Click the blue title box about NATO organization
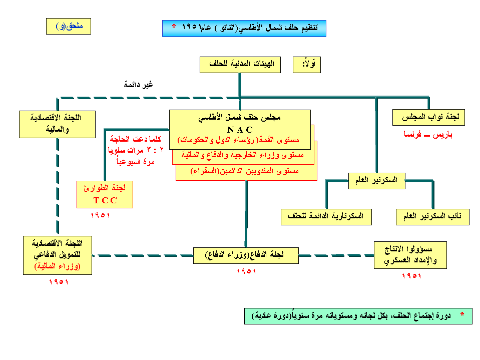click(244, 28)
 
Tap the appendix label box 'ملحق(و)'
click(68, 26)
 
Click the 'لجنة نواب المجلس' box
click(428, 117)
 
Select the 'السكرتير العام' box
click(376, 180)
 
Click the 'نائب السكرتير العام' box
click(432, 217)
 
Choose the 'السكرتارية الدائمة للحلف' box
click(326, 217)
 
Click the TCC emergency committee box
click(105, 194)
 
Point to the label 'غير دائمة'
click(138, 85)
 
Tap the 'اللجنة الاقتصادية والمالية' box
click(57, 124)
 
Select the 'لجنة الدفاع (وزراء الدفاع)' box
click(246, 255)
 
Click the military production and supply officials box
click(410, 255)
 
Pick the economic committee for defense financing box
click(58, 255)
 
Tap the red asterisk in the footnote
click(462, 314)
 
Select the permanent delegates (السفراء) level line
click(247, 171)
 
